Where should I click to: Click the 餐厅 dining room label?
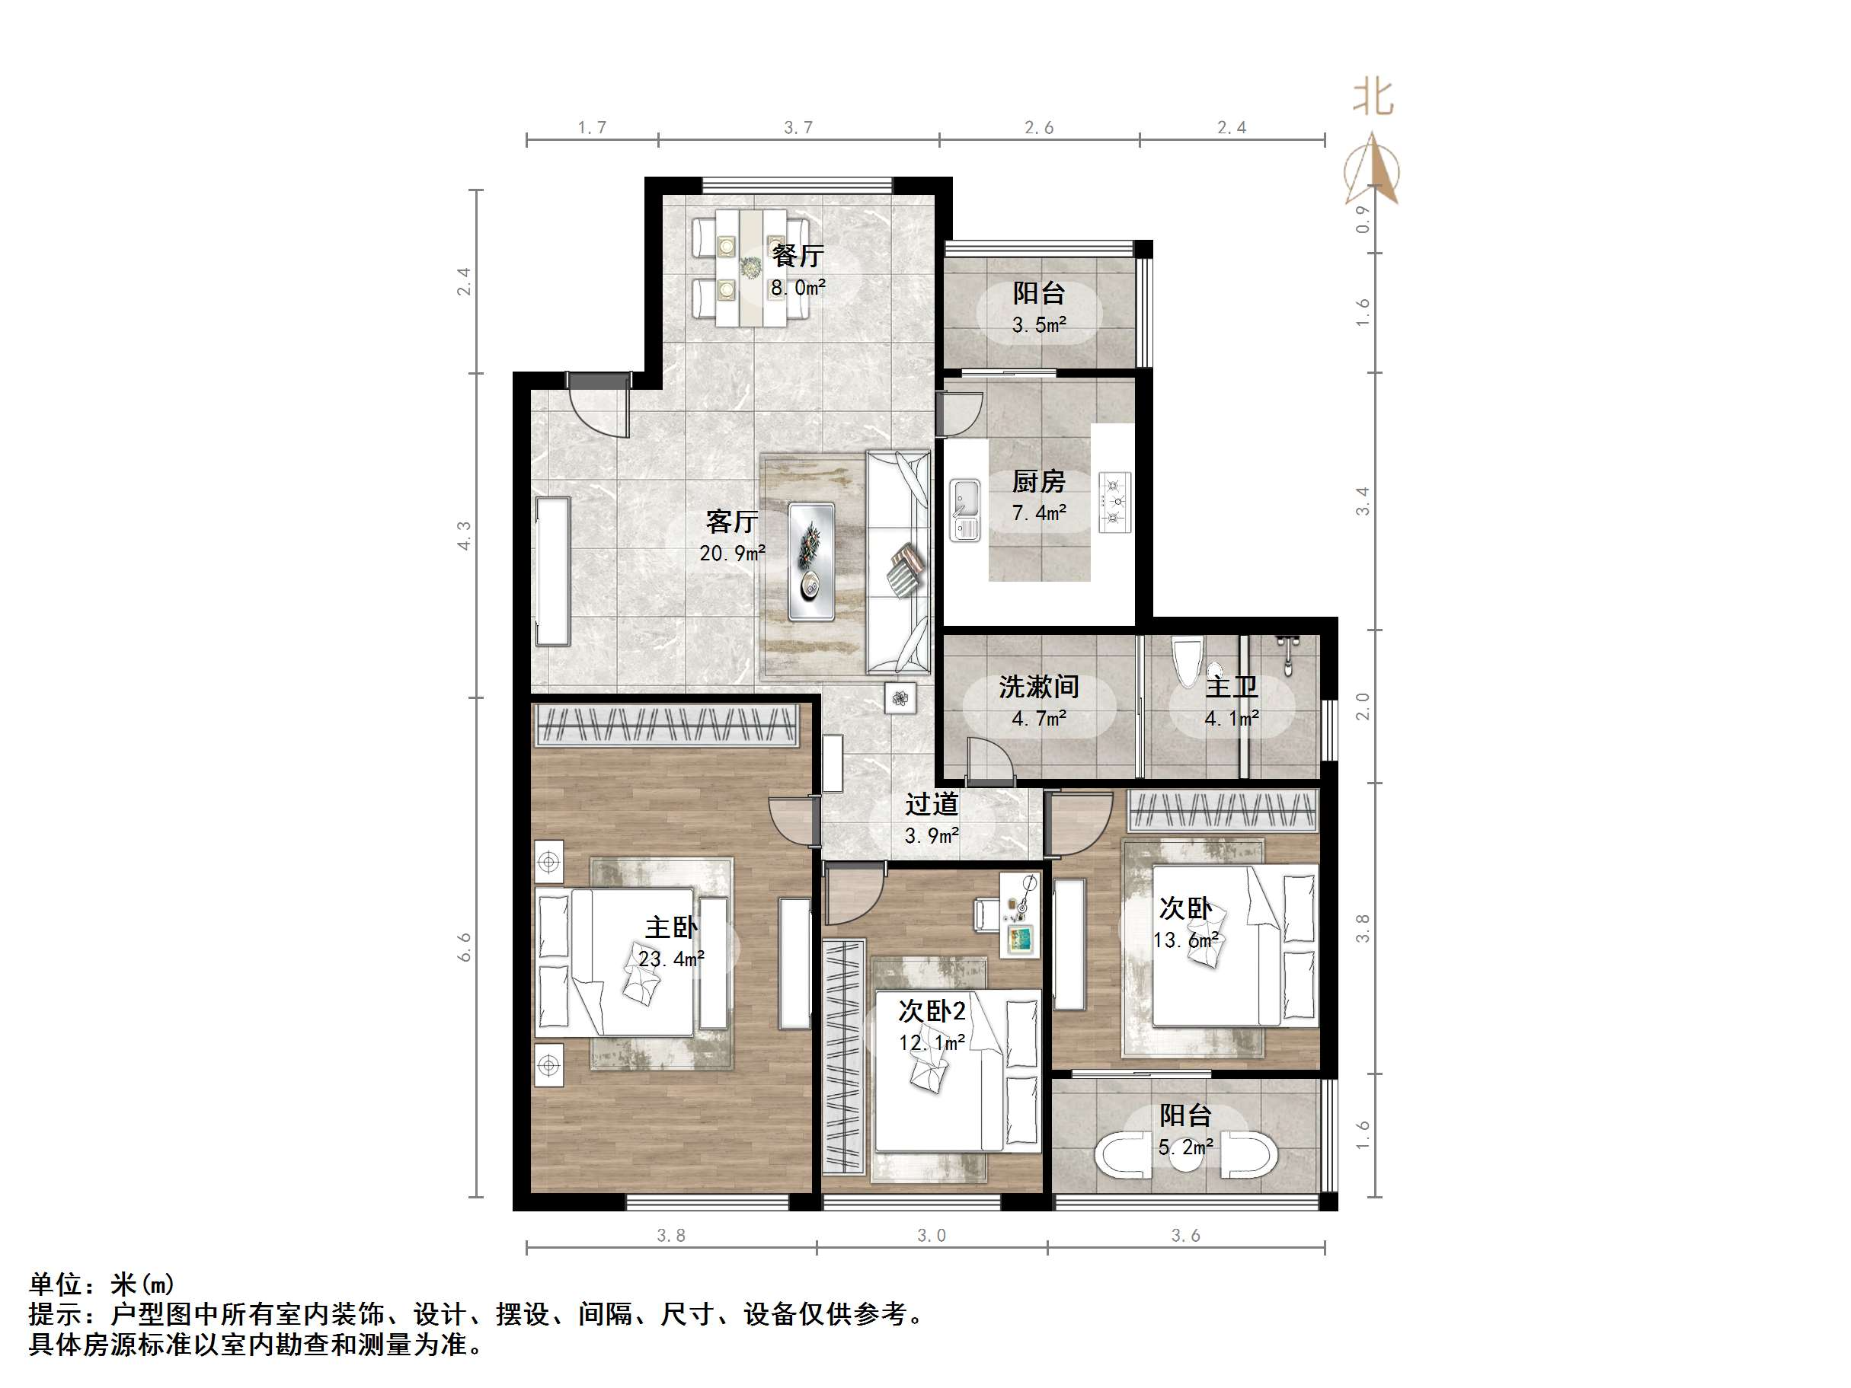798,254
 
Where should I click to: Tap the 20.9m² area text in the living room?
732,553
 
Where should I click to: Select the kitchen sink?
965,509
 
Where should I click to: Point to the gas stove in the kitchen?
1114,502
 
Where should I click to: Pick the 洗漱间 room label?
1038,687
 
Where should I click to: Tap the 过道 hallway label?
932,805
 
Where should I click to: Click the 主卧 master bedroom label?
671,927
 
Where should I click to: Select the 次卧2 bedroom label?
932,1012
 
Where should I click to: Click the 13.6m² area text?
1185,940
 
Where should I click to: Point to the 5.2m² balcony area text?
1185,1147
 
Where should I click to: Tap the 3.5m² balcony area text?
1038,324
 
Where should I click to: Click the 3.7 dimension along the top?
798,127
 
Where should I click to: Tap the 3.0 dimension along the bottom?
932,1236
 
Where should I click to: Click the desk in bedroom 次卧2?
1020,914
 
